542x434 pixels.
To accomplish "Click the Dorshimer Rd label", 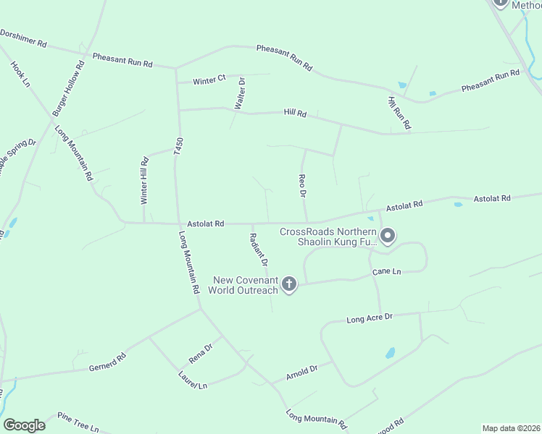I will [23, 38].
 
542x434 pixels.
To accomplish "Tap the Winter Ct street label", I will [209, 81].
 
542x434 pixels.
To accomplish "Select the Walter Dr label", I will [241, 94].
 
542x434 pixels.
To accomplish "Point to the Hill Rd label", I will [296, 114].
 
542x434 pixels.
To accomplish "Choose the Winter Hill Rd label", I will [144, 182].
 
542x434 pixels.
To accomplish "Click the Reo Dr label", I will [302, 186].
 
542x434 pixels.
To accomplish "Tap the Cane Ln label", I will [386, 272].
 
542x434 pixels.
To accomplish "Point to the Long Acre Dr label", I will [369, 318].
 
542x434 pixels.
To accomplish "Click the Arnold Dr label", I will [302, 372].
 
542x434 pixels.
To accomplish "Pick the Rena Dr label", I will [201, 354].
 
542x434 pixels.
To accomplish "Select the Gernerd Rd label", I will [108, 361].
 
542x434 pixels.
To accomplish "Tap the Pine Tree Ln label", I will [78, 422].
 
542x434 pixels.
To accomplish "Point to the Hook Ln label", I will [20, 75].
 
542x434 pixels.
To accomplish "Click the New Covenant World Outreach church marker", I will [288, 284].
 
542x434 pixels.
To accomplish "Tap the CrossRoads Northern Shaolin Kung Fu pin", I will [387, 236].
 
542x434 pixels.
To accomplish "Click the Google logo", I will [24, 425].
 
